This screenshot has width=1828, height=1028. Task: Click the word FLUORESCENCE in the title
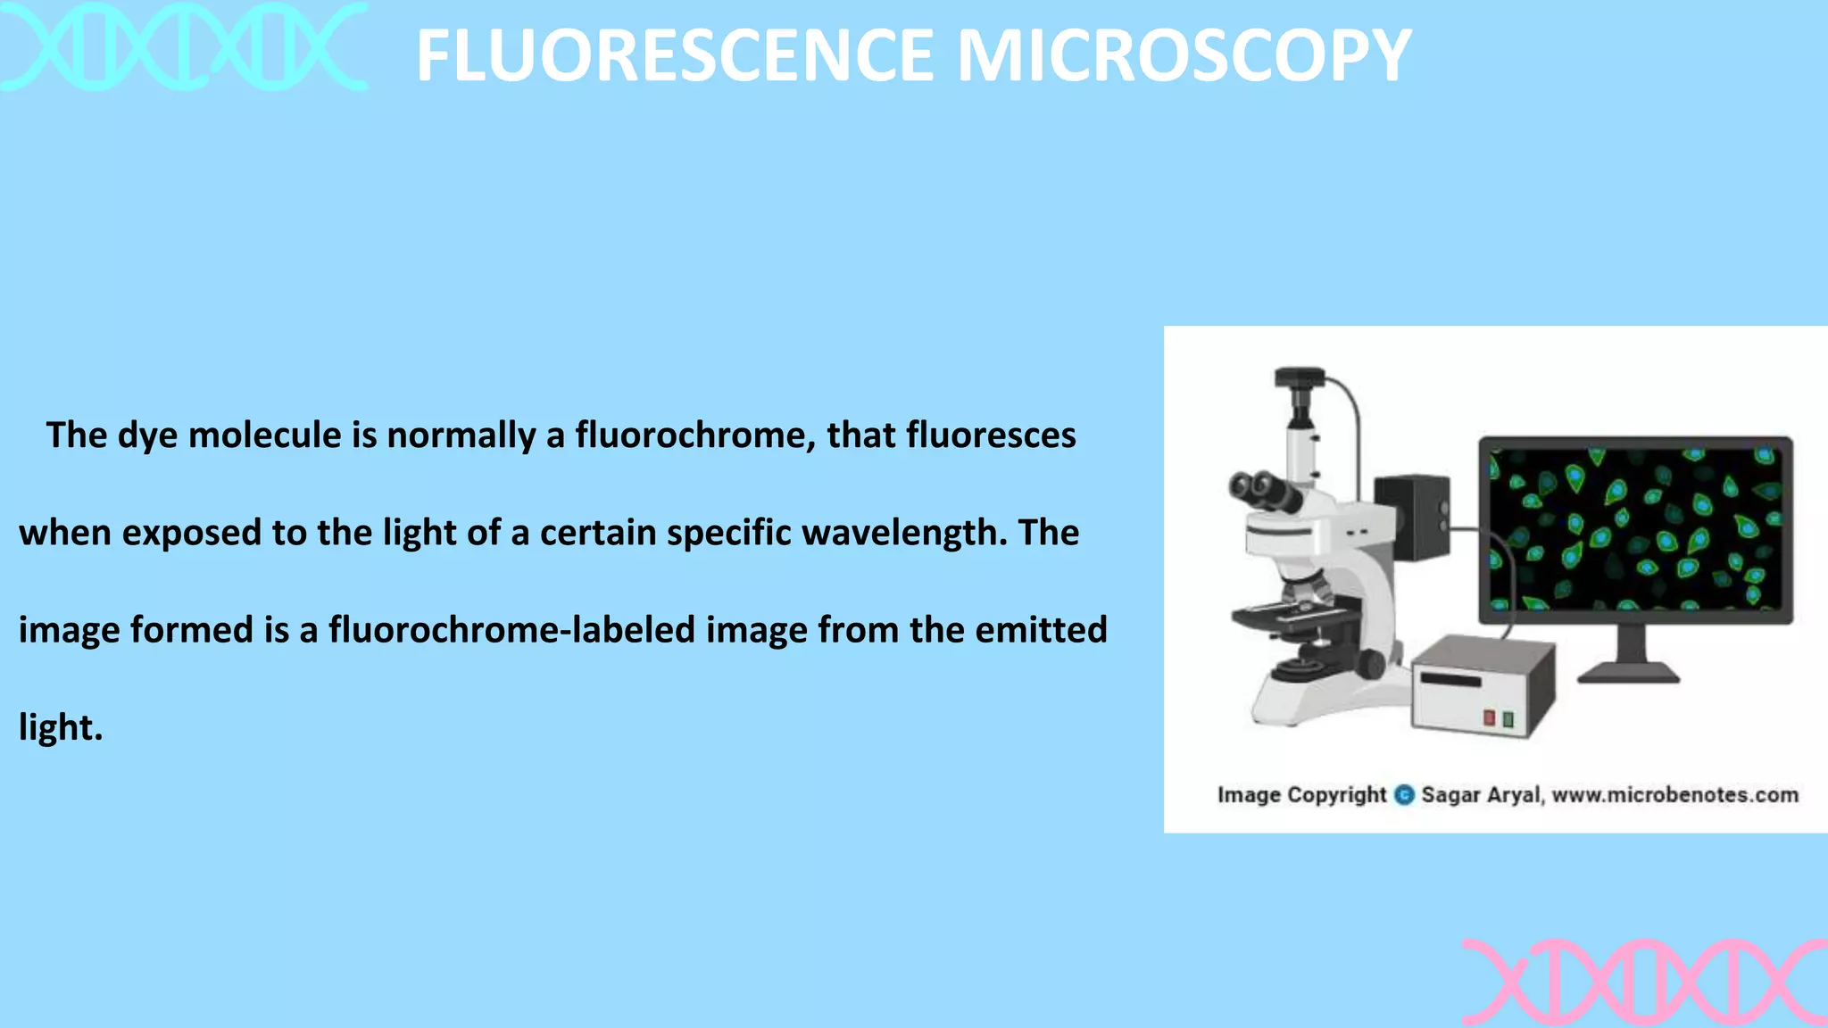point(675,55)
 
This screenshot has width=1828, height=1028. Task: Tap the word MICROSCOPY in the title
point(1184,55)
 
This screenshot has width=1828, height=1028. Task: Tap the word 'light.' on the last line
point(61,727)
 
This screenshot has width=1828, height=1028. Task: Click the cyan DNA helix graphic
point(183,46)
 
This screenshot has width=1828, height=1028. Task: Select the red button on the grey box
point(1489,718)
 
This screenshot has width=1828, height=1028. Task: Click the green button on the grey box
point(1508,719)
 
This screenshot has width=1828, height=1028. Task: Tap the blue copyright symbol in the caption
point(1404,795)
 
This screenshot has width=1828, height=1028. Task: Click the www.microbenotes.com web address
point(1675,795)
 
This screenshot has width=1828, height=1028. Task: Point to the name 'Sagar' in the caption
point(1450,795)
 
